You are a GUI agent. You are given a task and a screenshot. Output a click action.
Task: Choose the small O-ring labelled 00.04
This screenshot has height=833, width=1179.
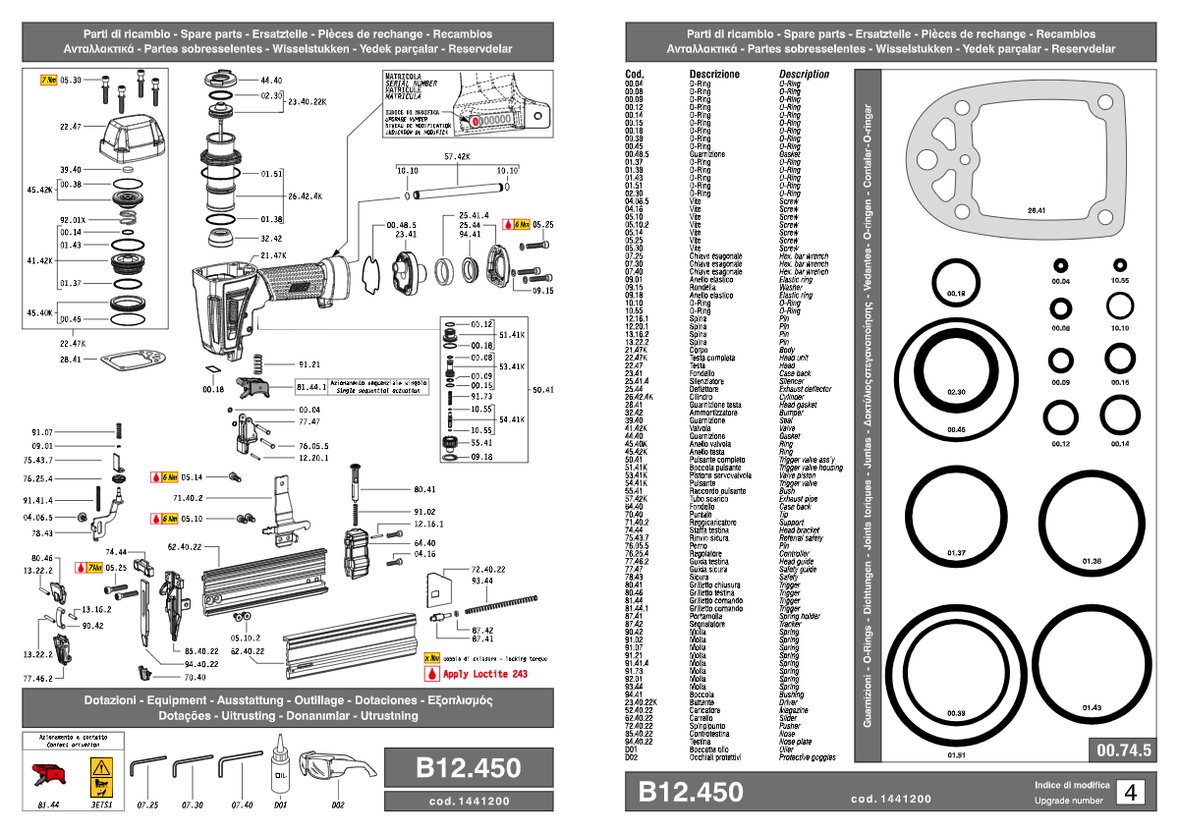pos(1060,265)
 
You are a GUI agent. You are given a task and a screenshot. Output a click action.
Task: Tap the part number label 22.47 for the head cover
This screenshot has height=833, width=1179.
pos(71,127)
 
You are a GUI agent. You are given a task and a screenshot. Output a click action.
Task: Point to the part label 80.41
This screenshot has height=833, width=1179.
pos(424,488)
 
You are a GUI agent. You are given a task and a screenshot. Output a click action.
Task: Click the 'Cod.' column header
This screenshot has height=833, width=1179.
pos(635,74)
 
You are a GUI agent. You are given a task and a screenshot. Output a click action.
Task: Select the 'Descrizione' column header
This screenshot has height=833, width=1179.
pos(714,74)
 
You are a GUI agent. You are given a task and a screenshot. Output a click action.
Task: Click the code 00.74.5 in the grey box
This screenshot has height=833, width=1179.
pos(1121,750)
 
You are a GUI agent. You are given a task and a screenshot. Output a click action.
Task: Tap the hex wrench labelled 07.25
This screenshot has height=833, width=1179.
pos(147,765)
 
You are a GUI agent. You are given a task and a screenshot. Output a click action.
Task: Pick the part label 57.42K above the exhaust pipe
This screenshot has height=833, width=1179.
pos(456,156)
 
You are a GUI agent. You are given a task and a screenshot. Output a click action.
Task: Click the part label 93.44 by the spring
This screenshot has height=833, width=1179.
pos(482,582)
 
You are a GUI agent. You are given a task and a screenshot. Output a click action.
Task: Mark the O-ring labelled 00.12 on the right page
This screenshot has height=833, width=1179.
pos(1060,417)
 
